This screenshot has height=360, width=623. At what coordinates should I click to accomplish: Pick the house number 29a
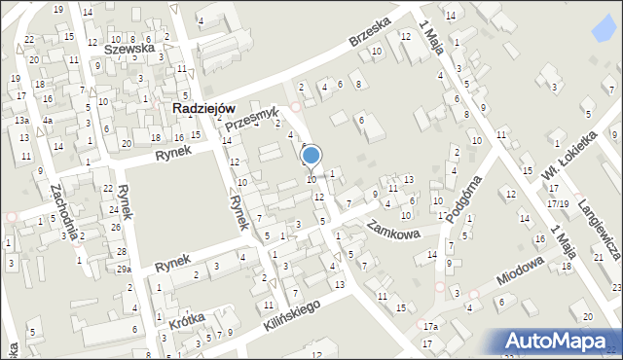click(x=124, y=270)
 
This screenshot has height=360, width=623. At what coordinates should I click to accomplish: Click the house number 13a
click(x=20, y=120)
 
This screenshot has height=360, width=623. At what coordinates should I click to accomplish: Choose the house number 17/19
click(x=558, y=203)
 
